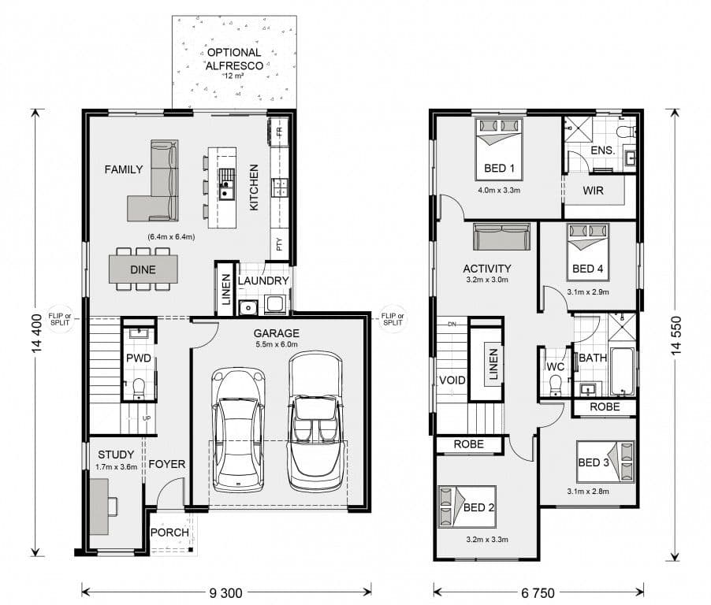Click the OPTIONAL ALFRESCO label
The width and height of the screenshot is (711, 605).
click(x=234, y=59)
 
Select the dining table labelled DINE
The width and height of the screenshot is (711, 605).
click(x=143, y=269)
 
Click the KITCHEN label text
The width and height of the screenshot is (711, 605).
click(x=254, y=187)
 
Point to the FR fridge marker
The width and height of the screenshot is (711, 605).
click(x=279, y=132)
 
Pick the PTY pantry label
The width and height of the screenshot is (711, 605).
click(x=279, y=244)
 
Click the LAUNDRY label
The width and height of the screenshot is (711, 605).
click(x=263, y=281)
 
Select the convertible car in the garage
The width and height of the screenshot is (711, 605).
click(x=315, y=422)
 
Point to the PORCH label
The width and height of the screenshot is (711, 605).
click(x=169, y=533)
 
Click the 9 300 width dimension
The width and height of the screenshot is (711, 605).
click(x=225, y=592)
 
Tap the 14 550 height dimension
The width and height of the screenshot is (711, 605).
click(x=676, y=335)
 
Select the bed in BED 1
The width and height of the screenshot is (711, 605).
click(x=499, y=149)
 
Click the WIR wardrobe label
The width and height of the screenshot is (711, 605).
click(x=593, y=191)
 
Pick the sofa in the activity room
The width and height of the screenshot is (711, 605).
click(x=501, y=236)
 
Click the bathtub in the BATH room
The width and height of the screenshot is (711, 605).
click(x=622, y=372)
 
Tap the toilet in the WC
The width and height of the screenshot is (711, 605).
click(x=555, y=386)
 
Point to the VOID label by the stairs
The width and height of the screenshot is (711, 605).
click(x=452, y=380)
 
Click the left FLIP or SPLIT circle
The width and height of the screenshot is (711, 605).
click(x=60, y=319)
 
